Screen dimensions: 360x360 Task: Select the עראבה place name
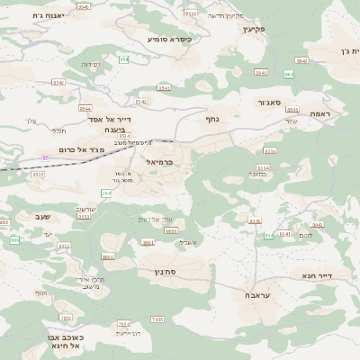click(257, 295)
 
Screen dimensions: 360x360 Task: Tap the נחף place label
click(212, 118)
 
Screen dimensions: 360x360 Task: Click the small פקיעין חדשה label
click(225, 16)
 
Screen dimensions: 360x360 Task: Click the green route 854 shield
click(123, 59)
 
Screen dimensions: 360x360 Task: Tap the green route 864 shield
click(289, 74)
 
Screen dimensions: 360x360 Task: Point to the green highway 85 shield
click(45, 157)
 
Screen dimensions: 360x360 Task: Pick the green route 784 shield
click(106, 193)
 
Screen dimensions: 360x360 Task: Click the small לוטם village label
click(307, 235)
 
